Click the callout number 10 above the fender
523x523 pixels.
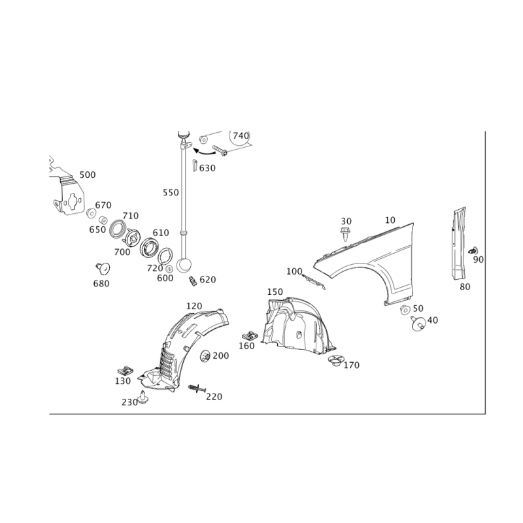pos(390,220)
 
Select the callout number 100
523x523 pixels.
pos(294,270)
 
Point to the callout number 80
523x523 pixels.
pos(465,285)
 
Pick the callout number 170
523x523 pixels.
pos(352,365)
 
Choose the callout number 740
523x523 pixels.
pos(241,135)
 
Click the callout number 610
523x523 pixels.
pos(160,232)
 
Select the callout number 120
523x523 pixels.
pos(194,306)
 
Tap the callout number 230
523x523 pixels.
pos(128,402)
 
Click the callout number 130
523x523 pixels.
pos(123,381)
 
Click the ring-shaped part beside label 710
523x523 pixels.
pos(118,230)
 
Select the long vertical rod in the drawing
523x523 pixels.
pos(184,196)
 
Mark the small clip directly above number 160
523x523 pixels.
pos(248,334)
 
